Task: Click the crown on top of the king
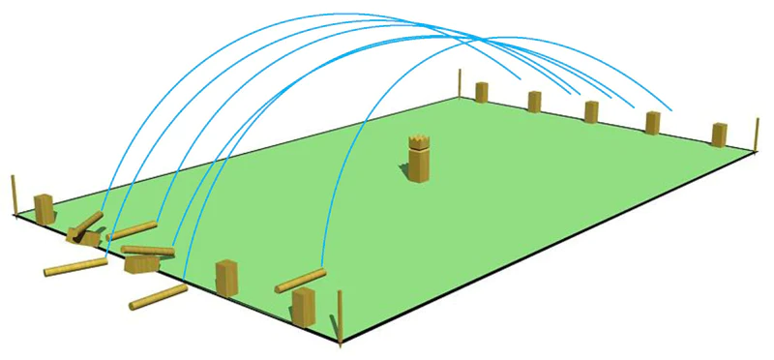point(419,142)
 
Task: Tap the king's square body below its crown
point(419,165)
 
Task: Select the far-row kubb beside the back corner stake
point(481,92)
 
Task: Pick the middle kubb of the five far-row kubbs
point(592,112)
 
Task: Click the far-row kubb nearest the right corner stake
point(719,135)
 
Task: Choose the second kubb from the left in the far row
point(534,102)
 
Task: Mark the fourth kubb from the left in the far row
point(653,124)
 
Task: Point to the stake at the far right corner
point(753,135)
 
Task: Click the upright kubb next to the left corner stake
point(44,208)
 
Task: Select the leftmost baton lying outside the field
point(75,266)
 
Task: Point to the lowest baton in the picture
point(157,297)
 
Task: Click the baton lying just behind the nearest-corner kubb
point(300,282)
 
